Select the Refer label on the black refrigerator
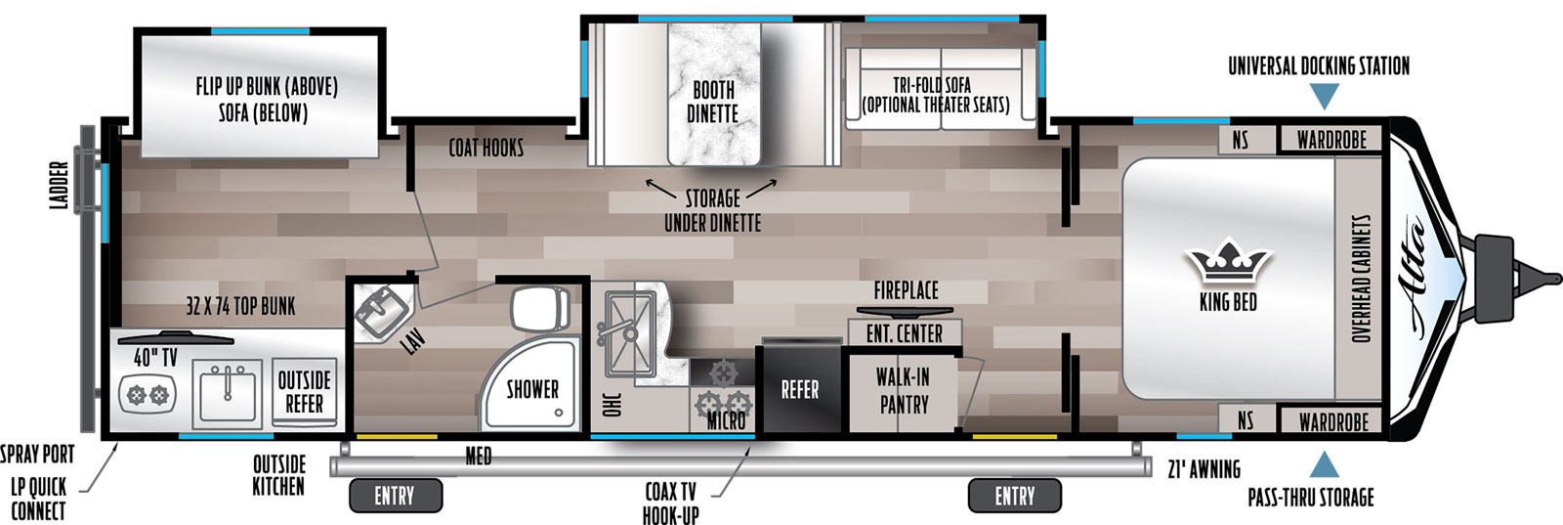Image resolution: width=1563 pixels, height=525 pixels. click(x=800, y=389)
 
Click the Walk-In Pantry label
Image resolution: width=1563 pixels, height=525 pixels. click(x=904, y=391)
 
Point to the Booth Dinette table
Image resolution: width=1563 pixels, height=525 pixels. click(x=714, y=95)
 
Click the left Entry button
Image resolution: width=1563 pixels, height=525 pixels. click(x=395, y=496)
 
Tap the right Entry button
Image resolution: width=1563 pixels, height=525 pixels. click(x=1015, y=496)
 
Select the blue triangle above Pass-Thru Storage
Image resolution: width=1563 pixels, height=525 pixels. click(x=1325, y=465)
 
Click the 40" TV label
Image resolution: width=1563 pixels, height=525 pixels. click(x=155, y=359)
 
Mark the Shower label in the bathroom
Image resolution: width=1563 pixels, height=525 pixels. click(x=532, y=389)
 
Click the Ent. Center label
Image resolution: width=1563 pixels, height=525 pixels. click(x=905, y=333)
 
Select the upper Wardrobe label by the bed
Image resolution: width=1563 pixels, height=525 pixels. click(x=1332, y=141)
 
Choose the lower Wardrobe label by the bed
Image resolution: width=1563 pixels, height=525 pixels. click(x=1333, y=422)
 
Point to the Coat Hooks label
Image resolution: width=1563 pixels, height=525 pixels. click(x=486, y=148)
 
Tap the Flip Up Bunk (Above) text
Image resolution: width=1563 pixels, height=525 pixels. click(x=267, y=87)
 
